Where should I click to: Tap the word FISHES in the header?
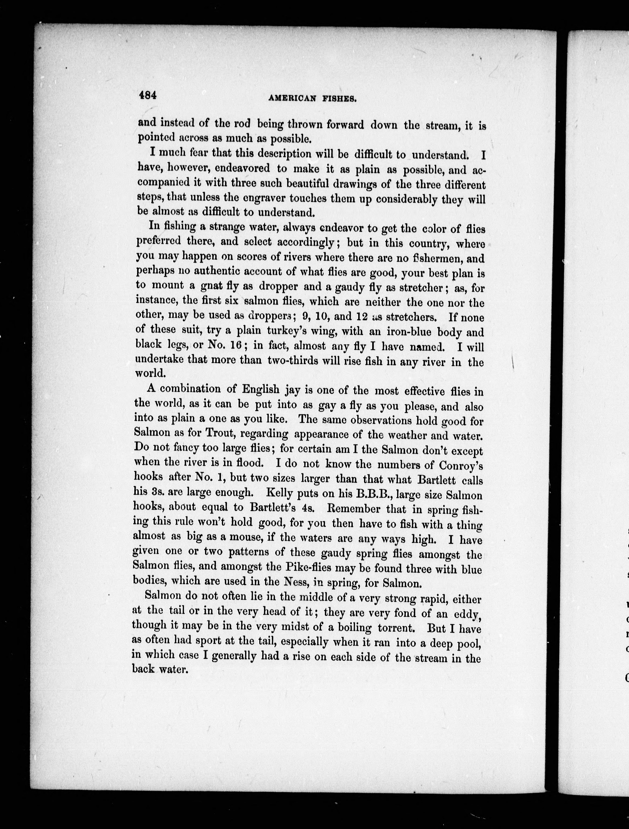pyautogui.click(x=340, y=99)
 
